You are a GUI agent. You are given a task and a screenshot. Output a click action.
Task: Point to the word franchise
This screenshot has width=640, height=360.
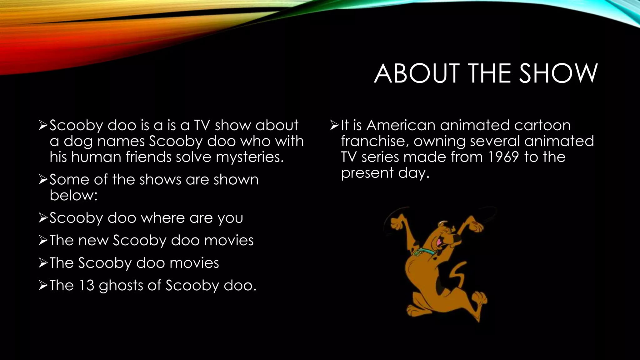coord(374,141)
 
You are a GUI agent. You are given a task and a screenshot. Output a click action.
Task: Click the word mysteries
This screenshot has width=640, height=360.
coord(250,157)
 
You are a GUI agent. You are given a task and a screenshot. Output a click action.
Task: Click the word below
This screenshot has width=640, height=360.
coord(73,195)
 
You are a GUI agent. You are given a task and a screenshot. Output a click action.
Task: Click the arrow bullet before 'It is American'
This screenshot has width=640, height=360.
coord(334,126)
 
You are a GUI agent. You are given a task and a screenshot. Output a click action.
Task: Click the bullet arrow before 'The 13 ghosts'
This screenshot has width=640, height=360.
coord(43,286)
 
